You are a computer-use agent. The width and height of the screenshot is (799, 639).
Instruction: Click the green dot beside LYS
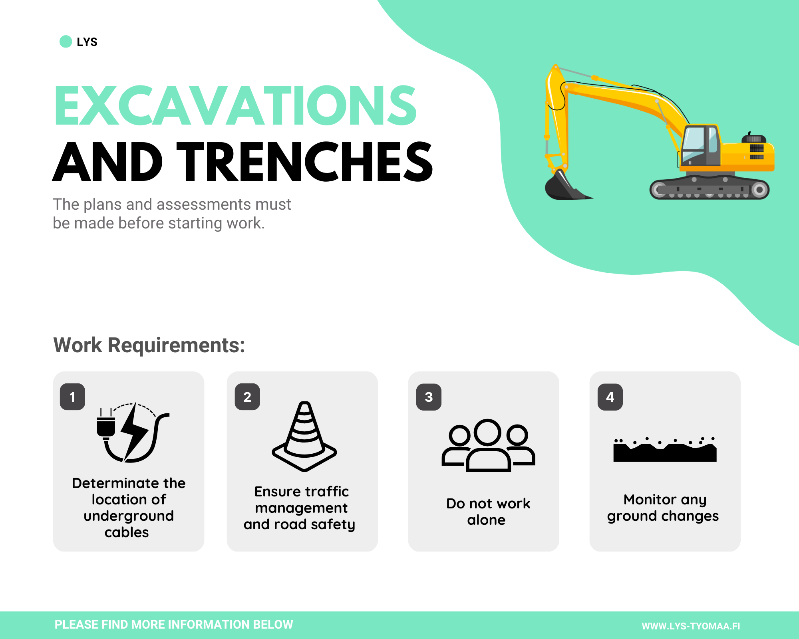tap(66, 42)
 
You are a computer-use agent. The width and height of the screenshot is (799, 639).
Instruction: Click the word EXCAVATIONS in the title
tap(236, 105)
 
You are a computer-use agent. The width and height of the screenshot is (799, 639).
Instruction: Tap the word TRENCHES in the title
tap(304, 161)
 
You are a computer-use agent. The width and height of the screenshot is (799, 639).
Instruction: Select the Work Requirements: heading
tap(149, 345)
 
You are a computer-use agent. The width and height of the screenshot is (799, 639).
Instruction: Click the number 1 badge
tap(72, 397)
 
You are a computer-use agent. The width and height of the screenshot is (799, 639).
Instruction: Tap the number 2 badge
tap(247, 397)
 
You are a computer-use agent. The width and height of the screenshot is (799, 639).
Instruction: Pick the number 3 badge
tap(429, 397)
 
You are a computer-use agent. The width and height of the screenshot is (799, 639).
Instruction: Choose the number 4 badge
tap(610, 397)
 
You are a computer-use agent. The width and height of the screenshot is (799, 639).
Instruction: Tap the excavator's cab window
tap(694, 143)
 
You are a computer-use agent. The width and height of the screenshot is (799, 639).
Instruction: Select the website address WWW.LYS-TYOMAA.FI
tap(691, 626)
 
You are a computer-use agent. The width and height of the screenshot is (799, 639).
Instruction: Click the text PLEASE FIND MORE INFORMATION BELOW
tap(174, 625)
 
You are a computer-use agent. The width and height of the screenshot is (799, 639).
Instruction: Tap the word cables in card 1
tap(127, 532)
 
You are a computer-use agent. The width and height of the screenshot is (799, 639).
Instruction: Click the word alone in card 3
tap(486, 520)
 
